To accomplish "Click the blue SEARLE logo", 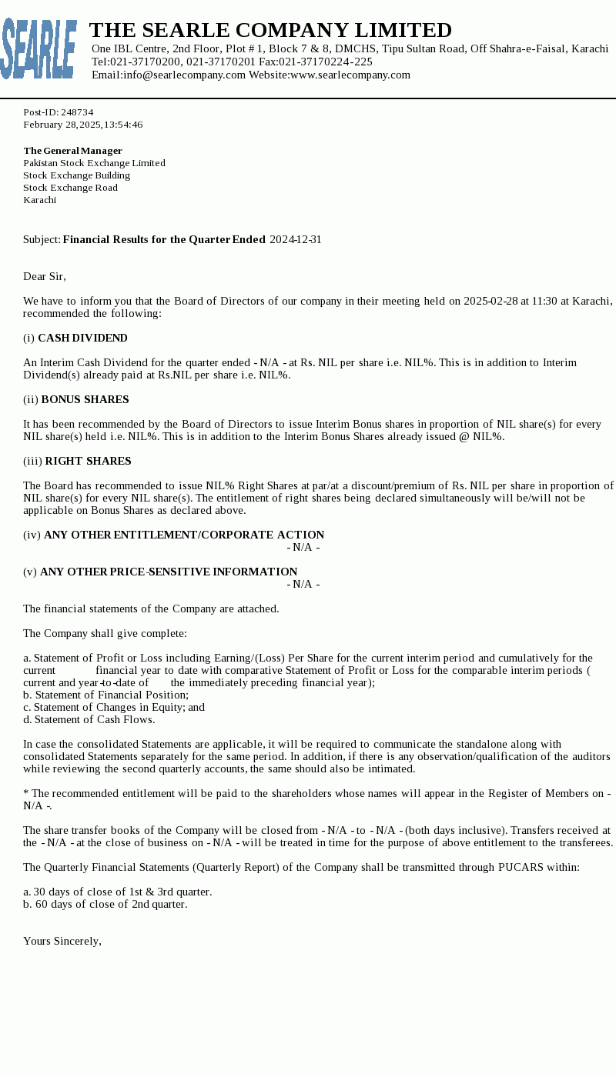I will [x=38, y=49].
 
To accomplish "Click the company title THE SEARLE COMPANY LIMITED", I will [x=270, y=31].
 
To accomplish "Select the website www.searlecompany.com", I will [x=350, y=75].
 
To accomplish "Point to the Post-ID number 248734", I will [x=77, y=112].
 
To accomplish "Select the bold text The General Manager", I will [x=72, y=151].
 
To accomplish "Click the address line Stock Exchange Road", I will [x=70, y=188].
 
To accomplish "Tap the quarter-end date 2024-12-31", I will [x=295, y=239].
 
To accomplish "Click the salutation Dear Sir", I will [x=45, y=276].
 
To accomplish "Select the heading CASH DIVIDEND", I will [x=82, y=338].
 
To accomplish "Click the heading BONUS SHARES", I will [x=85, y=399].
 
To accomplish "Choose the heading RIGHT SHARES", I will [x=88, y=461].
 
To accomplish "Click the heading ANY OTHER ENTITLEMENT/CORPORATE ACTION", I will [x=184, y=535].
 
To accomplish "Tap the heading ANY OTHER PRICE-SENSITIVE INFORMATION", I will [x=169, y=572].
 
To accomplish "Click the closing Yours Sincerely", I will [x=62, y=941].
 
